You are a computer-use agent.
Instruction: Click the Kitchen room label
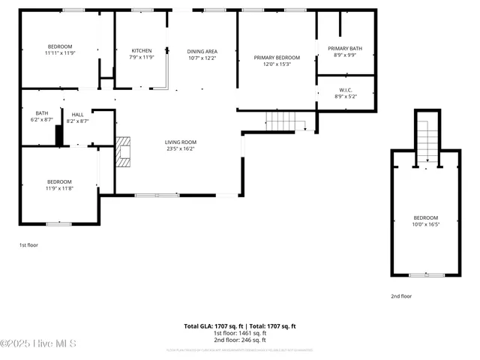coord(141,51)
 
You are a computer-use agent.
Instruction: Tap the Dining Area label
coord(202,51)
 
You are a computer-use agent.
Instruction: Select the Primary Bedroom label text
coord(277,58)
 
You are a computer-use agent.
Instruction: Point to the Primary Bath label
coord(344,49)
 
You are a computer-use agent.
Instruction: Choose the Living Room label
coord(181,142)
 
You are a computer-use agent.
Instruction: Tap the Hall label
coord(78,114)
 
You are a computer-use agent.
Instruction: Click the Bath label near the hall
coord(42,113)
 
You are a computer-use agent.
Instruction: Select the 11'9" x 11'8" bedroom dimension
coord(59,188)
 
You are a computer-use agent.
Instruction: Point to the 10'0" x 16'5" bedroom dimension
coord(425,224)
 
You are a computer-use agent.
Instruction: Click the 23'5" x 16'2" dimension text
coord(181,148)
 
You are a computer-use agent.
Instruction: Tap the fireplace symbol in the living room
coord(123,151)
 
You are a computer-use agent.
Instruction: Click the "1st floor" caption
coord(28,245)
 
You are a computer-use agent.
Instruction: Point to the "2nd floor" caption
coord(401,296)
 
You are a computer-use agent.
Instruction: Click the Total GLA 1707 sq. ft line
coord(240,326)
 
